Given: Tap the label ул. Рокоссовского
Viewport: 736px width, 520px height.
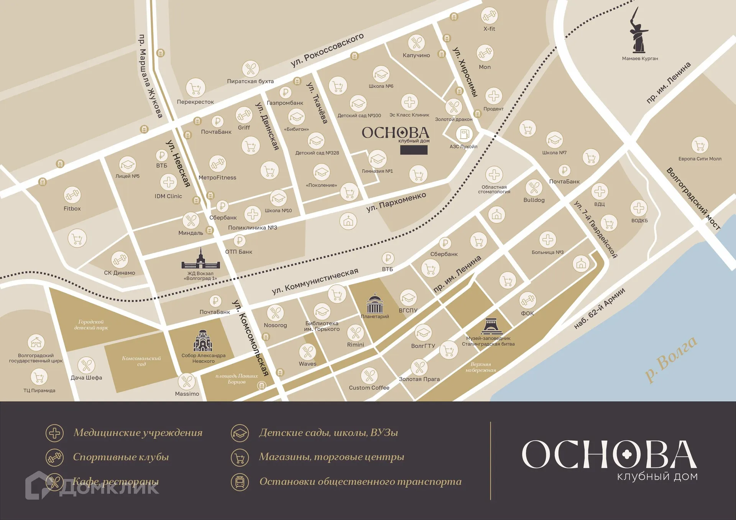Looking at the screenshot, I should pyautogui.click(x=327, y=50).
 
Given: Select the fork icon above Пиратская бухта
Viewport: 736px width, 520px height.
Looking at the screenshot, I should pyautogui.click(x=251, y=69).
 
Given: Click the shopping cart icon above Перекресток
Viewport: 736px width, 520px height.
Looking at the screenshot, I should pyautogui.click(x=195, y=88).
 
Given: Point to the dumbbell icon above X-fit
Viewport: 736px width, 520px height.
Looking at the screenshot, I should pyautogui.click(x=489, y=16).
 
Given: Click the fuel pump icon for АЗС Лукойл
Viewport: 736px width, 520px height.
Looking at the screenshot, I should pyautogui.click(x=464, y=134).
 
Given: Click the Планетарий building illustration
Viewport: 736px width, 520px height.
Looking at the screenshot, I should pyautogui.click(x=375, y=303).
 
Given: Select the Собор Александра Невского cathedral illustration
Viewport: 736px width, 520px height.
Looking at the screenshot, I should pyautogui.click(x=203, y=341).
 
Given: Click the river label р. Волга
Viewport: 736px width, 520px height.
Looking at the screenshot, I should pyautogui.click(x=671, y=359).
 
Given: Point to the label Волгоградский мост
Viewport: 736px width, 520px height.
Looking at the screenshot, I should pyautogui.click(x=693, y=198).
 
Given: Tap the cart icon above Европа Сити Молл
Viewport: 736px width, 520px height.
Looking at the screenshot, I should pyautogui.click(x=700, y=146).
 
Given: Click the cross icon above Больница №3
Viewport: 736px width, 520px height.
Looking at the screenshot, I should pyautogui.click(x=548, y=239).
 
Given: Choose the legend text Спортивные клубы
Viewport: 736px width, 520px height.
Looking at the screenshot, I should pyautogui.click(x=121, y=457).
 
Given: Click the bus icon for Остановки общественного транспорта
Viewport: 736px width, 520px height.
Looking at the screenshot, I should pyautogui.click(x=240, y=482).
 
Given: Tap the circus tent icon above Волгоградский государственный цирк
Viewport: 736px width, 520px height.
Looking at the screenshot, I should pyautogui.click(x=36, y=342).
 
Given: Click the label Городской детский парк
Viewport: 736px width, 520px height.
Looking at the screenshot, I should pyautogui.click(x=91, y=325).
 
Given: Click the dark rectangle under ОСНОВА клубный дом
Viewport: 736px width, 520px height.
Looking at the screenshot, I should pyautogui.click(x=414, y=150).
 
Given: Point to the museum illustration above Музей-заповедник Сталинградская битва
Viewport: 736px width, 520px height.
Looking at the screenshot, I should pyautogui.click(x=491, y=326).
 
